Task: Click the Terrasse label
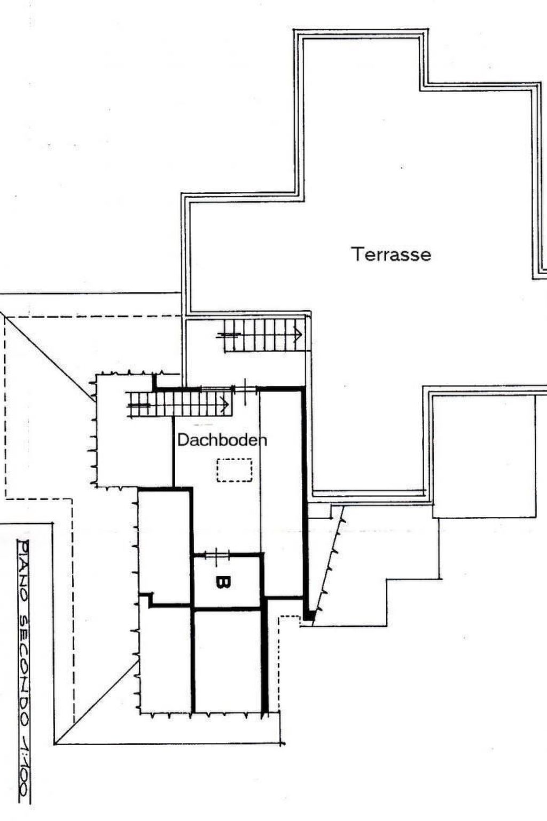click(391, 254)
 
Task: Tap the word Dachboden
click(222, 440)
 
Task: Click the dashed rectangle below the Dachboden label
click(235, 470)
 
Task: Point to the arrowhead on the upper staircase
click(298, 335)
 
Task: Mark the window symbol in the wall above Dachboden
click(244, 388)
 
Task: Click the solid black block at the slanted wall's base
click(309, 616)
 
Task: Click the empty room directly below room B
click(228, 660)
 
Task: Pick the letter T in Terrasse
click(357, 254)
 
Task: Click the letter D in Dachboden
click(183, 440)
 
